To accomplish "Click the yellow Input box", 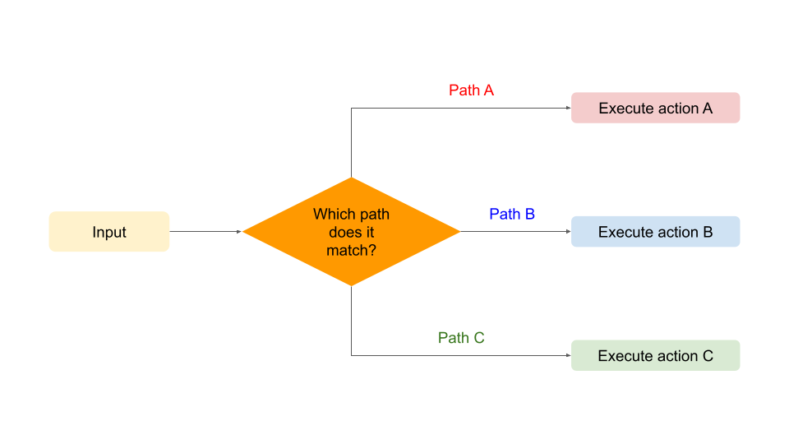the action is pos(109,232).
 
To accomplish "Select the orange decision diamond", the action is pos(351,232).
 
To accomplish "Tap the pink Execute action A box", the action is pos(655,108).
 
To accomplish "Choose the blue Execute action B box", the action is pos(655,232).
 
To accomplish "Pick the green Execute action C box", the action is pos(655,355).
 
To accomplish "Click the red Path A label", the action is pos(471,90).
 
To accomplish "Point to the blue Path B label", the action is pos(512,214).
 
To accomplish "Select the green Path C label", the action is pos(461,338).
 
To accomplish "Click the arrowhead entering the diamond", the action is pos(239,232).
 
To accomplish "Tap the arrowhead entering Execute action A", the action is pos(568,108).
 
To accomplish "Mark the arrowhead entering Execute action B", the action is pos(568,232).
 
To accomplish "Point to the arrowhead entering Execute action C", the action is pos(568,355).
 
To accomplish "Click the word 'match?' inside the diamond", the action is pos(351,250).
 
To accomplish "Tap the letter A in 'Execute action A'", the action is pos(708,109).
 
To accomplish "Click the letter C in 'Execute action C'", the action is pos(708,356).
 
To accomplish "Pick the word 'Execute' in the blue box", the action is pos(623,232).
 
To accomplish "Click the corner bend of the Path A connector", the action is pos(351,108).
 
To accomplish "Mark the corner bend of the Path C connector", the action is pos(351,355).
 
